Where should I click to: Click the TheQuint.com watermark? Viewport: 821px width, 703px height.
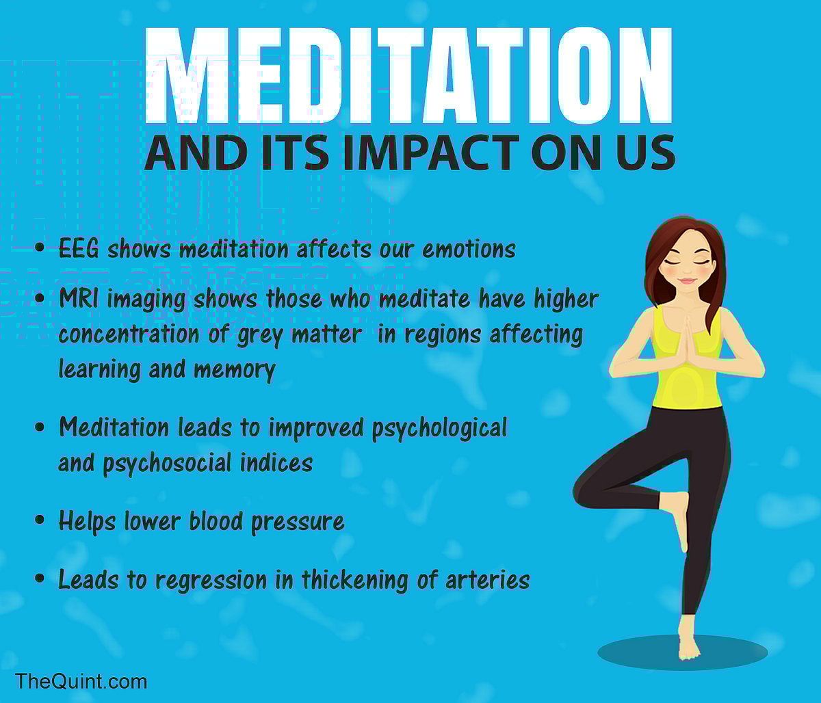[x=81, y=681]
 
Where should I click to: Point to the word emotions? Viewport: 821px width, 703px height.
[x=469, y=250]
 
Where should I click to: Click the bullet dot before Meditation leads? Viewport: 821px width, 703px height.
[x=40, y=428]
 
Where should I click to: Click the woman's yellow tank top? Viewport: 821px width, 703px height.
[x=686, y=383]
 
